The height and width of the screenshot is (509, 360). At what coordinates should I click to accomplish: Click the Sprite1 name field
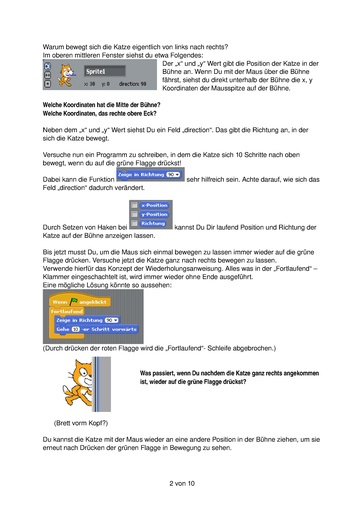[x=94, y=72]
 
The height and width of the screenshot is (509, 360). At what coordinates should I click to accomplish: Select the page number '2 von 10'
[x=181, y=482]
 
